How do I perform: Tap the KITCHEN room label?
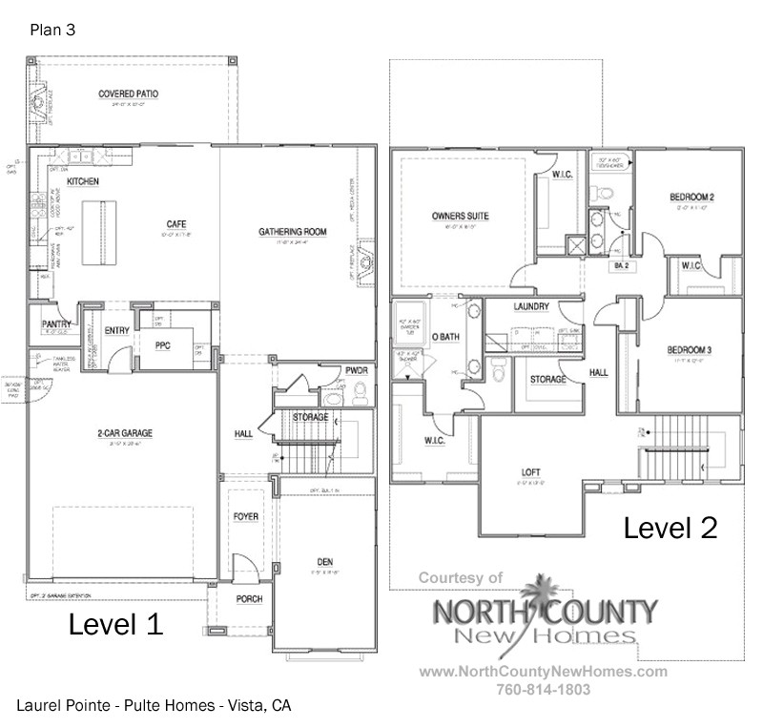(83, 180)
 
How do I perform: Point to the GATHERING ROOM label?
(293, 232)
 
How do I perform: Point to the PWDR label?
(357, 369)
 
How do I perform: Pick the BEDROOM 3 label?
(691, 349)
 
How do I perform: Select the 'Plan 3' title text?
(52, 30)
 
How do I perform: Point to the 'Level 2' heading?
(670, 527)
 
